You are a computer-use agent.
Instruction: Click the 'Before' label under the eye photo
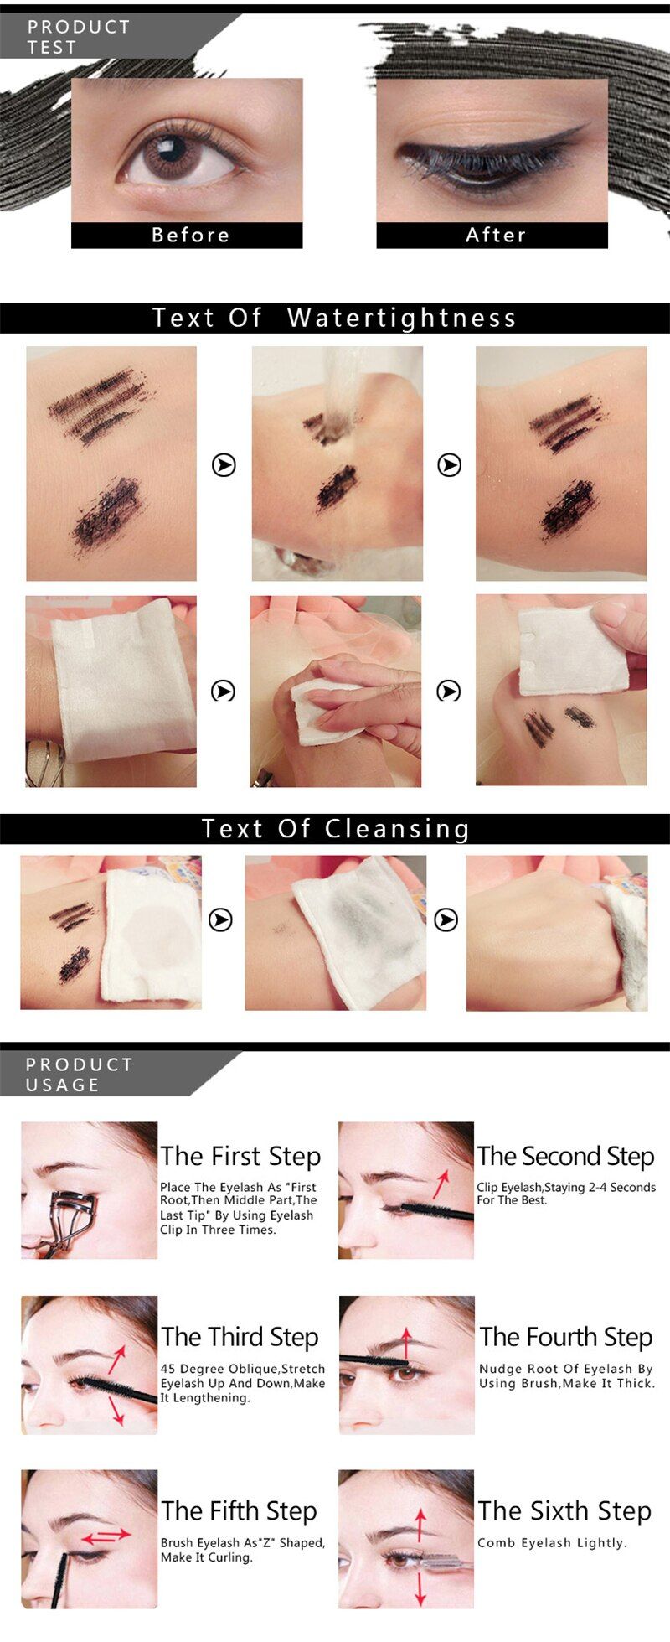coord(190,235)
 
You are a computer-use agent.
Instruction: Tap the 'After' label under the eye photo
coord(496,235)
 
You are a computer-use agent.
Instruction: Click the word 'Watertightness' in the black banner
coord(401,318)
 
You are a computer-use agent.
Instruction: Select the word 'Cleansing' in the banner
coord(397,829)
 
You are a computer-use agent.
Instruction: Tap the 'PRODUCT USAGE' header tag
coord(80,1074)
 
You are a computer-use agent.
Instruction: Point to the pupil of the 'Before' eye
coord(171,149)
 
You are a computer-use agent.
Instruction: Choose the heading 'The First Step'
coord(240,1156)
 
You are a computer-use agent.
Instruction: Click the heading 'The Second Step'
coord(565,1156)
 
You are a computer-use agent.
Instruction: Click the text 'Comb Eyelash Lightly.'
coord(552,1542)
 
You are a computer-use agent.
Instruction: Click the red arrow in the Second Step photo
coord(441,1184)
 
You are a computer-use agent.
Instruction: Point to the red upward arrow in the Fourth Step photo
coord(406,1343)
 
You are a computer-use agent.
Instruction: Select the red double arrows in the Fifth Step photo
coord(106,1536)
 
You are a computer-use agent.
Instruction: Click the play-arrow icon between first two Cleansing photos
coord(220,919)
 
